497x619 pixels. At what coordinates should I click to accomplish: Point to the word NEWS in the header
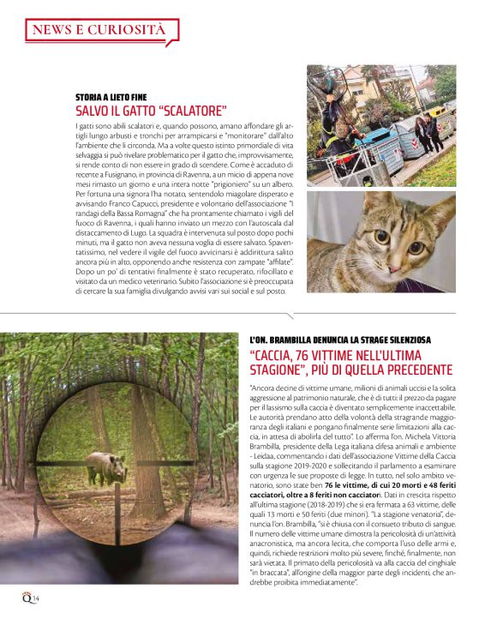coord(53,30)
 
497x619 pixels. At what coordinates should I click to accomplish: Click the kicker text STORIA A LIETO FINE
coord(117,96)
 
